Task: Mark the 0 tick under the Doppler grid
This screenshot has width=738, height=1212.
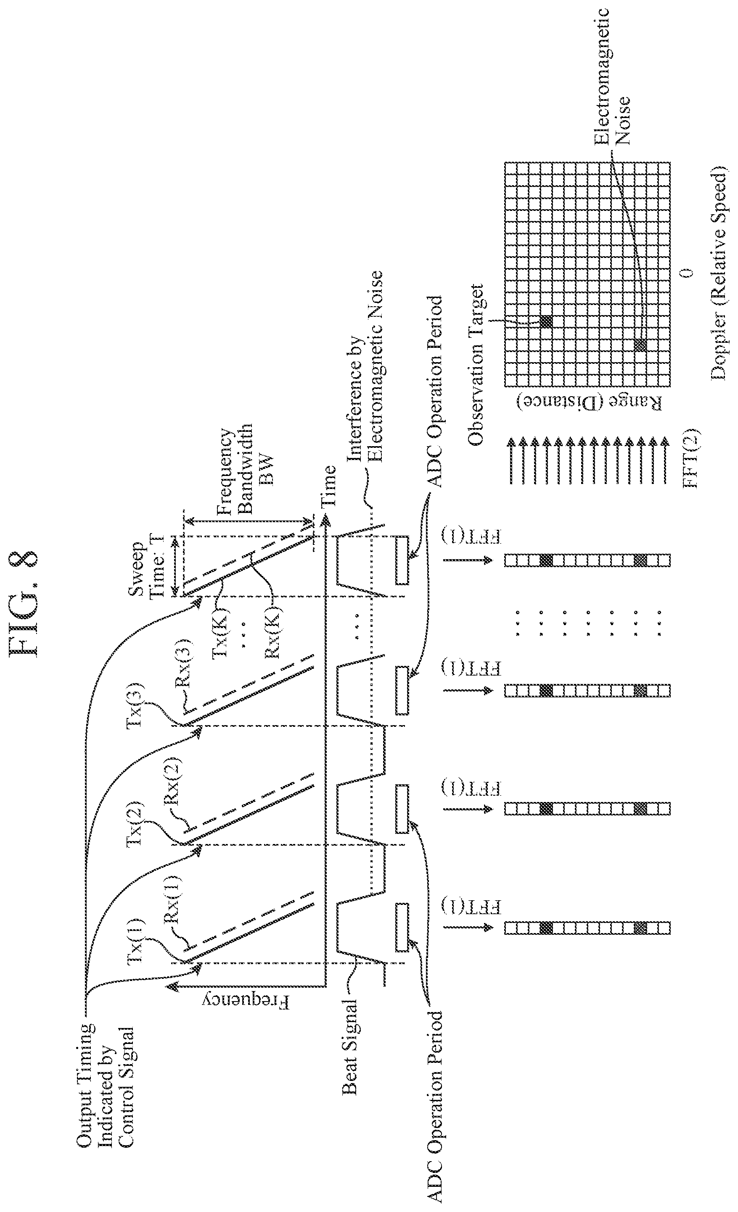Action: pyautogui.click(x=688, y=273)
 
